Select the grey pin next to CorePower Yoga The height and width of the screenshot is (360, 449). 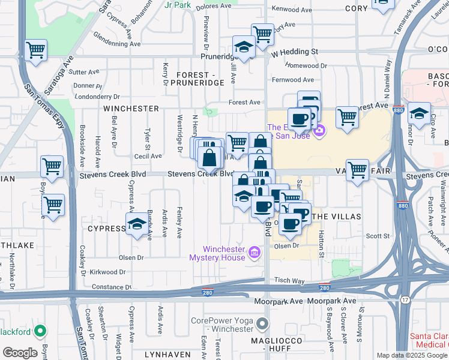click(262, 325)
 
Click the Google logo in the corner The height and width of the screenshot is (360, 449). click(20, 352)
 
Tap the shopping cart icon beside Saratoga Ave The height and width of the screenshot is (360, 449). click(35, 50)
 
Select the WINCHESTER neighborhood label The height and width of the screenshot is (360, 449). click(131, 109)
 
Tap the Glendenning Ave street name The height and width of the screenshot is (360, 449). click(117, 44)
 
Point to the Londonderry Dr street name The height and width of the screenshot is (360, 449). click(97, 96)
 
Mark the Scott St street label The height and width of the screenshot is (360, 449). click(378, 236)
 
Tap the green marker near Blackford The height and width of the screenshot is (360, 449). click(40, 331)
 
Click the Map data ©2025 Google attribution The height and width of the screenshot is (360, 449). click(412, 355)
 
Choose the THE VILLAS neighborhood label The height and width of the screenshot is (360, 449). click(337, 216)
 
